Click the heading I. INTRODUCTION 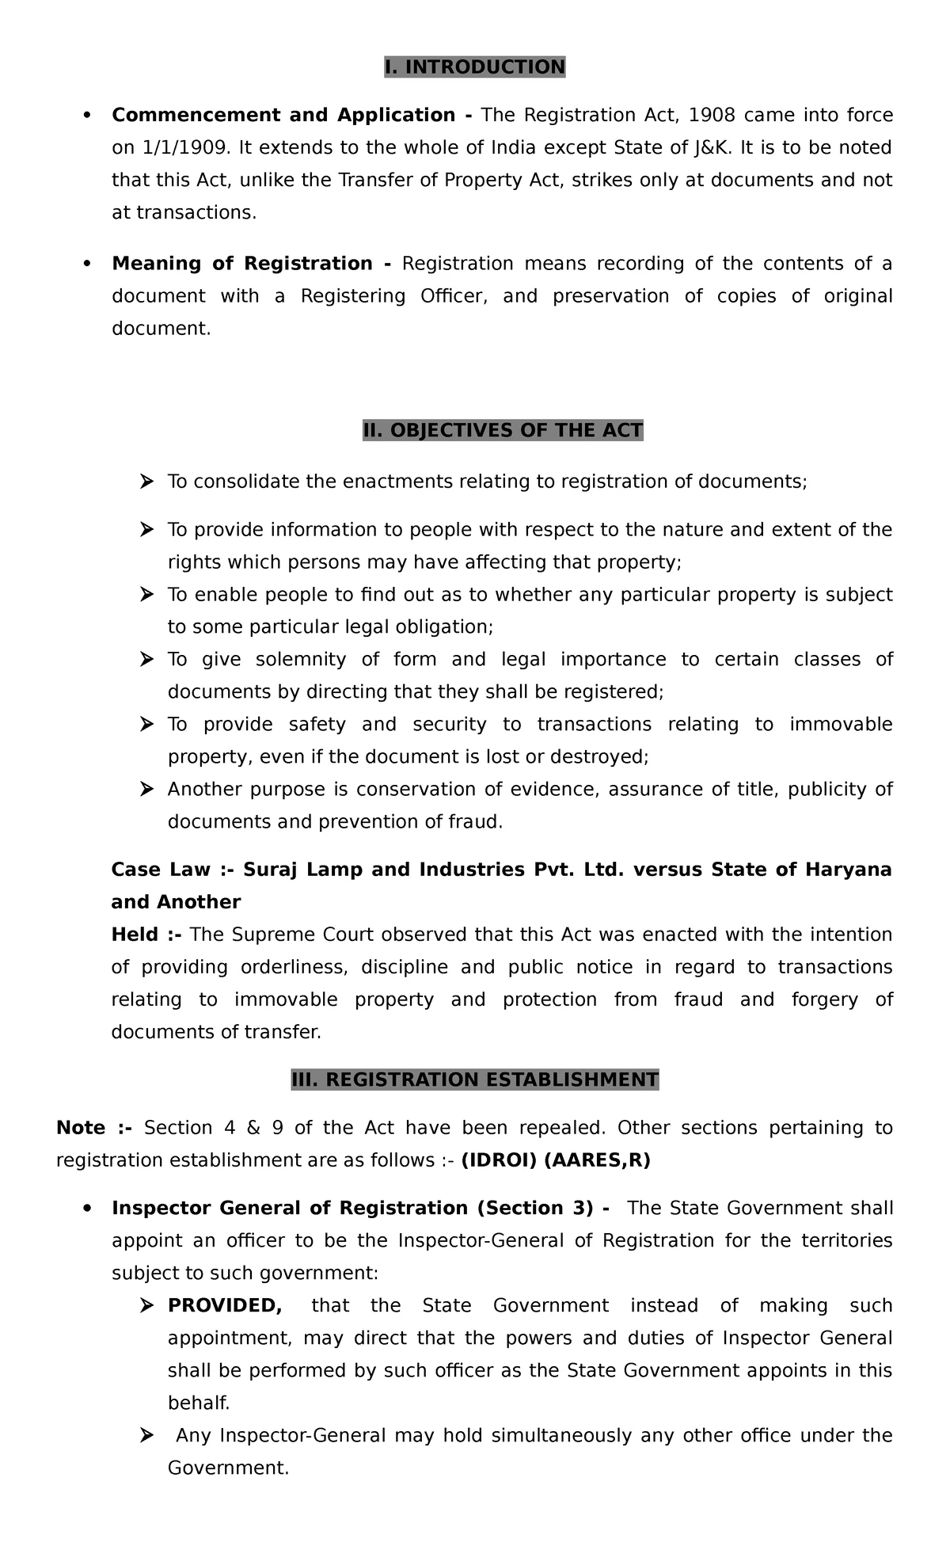(x=474, y=67)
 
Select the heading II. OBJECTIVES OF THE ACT (x=503, y=430)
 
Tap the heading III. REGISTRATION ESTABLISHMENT (x=474, y=1080)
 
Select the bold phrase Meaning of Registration (x=241, y=263)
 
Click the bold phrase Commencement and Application (x=283, y=116)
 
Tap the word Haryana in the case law (x=848, y=870)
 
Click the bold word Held (x=135, y=935)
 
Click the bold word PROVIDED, (x=225, y=1305)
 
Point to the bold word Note (x=81, y=1128)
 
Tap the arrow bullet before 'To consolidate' (x=146, y=482)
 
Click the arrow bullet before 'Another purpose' (x=146, y=789)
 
